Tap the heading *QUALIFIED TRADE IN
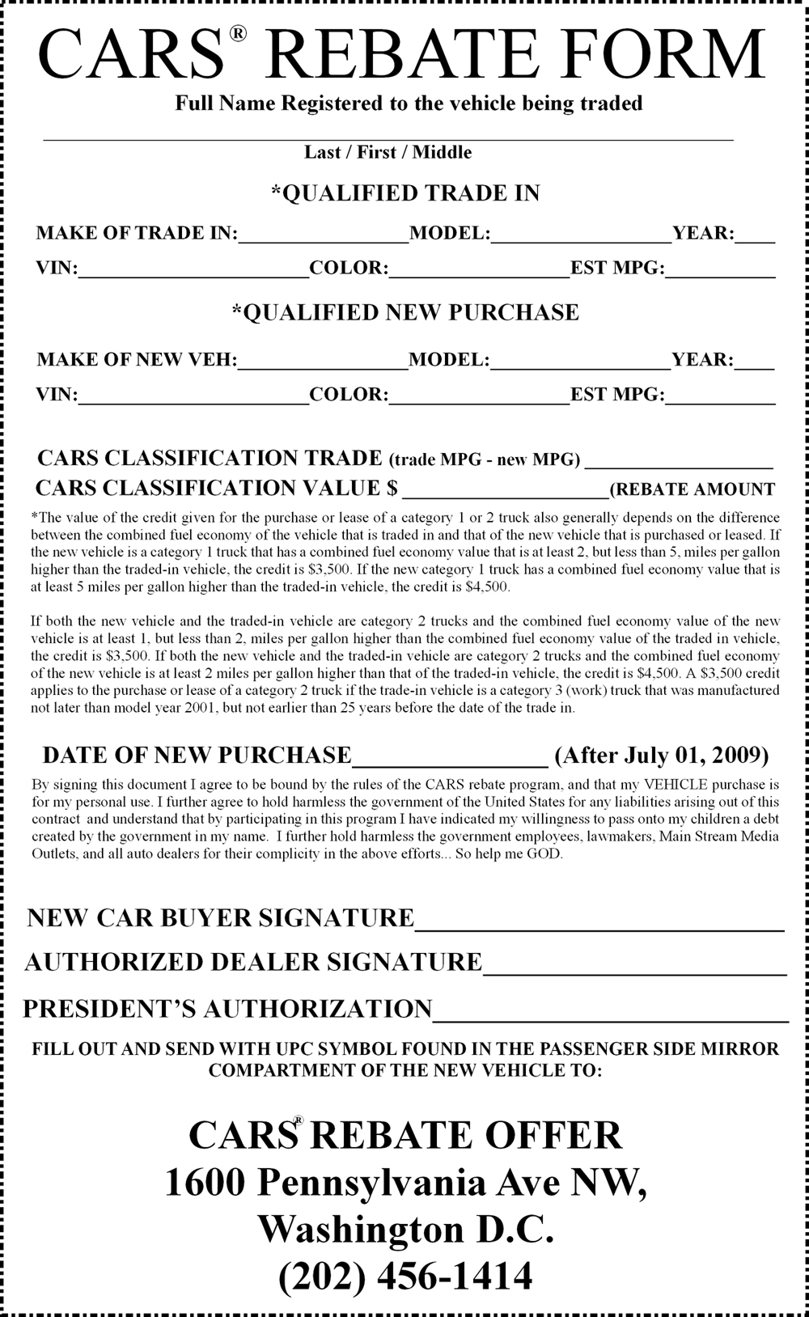pyautogui.click(x=404, y=193)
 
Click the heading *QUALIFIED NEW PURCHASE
pyautogui.click(x=404, y=312)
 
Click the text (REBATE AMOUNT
pyautogui.click(x=692, y=489)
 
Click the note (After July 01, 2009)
pyautogui.click(x=662, y=755)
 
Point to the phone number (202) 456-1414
pyautogui.click(x=405, y=1277)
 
